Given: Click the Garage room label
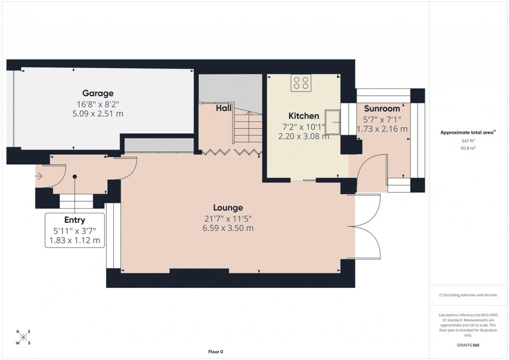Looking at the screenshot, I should click(x=98, y=93).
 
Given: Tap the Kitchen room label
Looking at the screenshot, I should click(x=303, y=116).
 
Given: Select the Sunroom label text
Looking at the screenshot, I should click(x=382, y=108).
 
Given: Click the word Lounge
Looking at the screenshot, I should click(x=228, y=208).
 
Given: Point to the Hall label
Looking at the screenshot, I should click(x=223, y=108).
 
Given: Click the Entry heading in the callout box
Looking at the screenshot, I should click(x=74, y=220).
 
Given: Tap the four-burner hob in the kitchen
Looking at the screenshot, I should click(x=301, y=82).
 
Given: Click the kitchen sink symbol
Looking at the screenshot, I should click(x=332, y=122).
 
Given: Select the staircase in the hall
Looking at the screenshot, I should click(x=247, y=130).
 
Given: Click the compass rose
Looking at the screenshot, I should click(x=23, y=338).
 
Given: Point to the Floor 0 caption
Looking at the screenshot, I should click(x=216, y=352).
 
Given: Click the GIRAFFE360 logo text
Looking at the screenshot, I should click(x=469, y=345).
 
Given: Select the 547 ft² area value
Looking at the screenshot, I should click(x=469, y=141).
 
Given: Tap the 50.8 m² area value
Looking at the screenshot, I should click(x=469, y=148).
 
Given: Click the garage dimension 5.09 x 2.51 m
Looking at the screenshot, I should click(x=98, y=114).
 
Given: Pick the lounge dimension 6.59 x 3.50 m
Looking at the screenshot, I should click(x=228, y=228).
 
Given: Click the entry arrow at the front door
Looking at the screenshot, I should click(x=39, y=176).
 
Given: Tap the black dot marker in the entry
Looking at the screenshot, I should click(x=74, y=176).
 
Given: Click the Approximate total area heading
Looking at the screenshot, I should click(x=468, y=132).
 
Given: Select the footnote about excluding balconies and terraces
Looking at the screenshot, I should click(x=468, y=295).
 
